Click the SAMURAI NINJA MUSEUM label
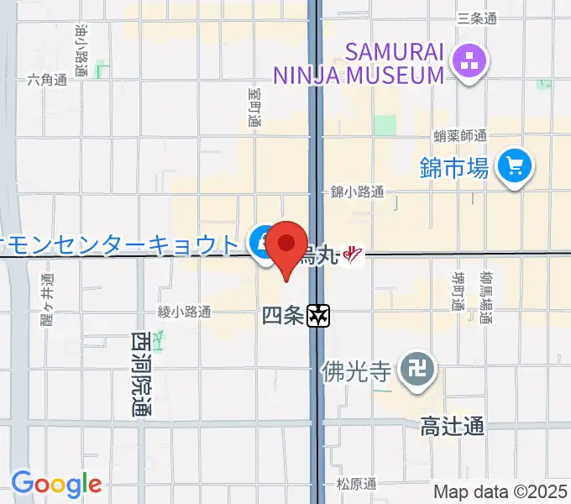359,63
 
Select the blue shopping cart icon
514,166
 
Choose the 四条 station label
282,316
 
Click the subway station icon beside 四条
318,316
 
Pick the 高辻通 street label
453,427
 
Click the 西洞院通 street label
140,375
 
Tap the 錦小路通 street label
357,192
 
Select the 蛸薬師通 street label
460,135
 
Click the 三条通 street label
477,18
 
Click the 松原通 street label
357,484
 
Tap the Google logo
56,484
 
